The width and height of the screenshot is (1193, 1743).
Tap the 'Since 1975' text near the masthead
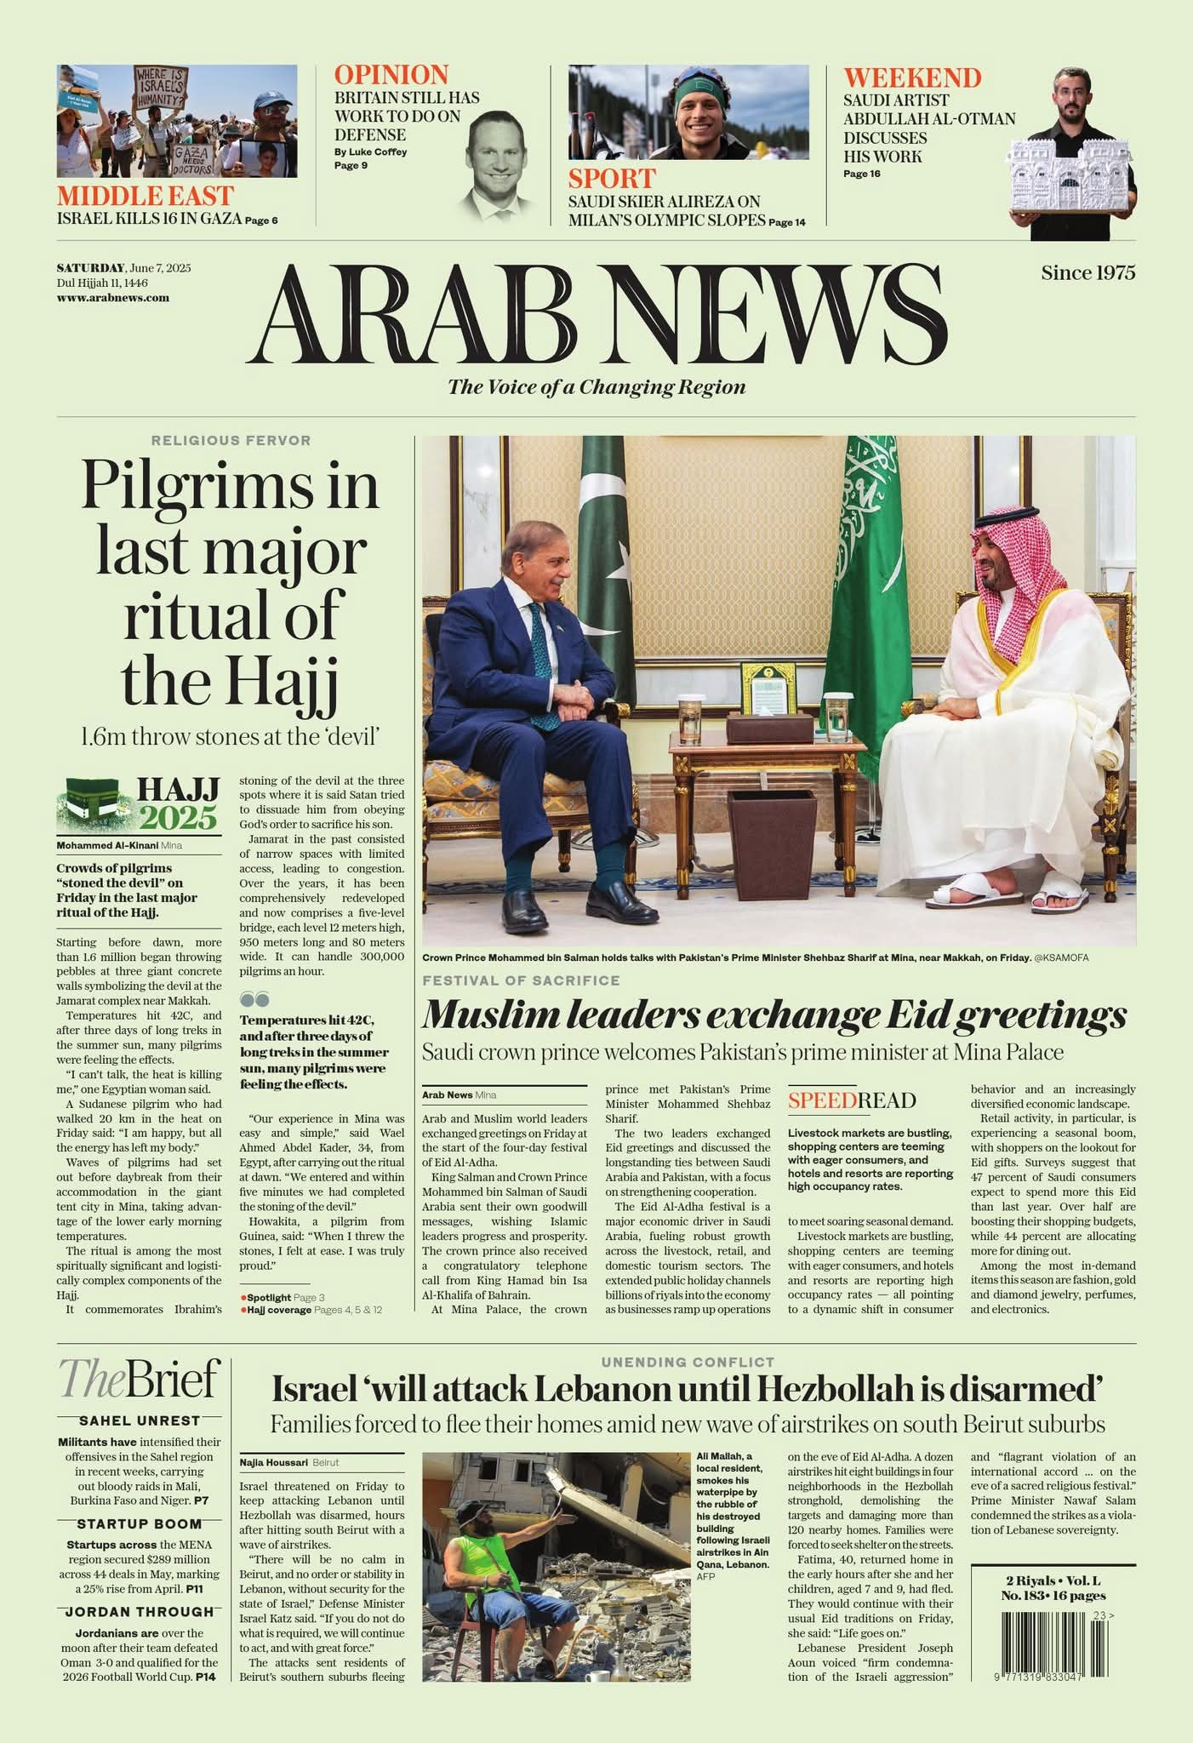1087,273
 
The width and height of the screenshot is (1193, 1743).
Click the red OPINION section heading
391,75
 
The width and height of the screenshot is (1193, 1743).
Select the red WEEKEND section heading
912,78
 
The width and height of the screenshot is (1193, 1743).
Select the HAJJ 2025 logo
139,804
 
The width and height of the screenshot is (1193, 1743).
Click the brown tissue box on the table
769,729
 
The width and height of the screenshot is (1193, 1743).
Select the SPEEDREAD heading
851,1100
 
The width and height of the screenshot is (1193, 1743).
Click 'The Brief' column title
139,1380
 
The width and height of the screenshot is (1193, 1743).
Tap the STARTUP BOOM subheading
139,1523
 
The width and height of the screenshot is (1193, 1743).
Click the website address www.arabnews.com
113,298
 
